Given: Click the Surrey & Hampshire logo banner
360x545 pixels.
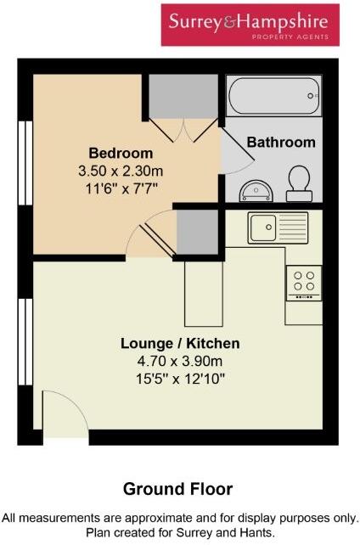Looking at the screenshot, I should (x=250, y=25).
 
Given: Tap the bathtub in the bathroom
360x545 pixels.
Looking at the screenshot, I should (x=273, y=95).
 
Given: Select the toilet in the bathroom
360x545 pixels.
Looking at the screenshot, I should (x=299, y=182).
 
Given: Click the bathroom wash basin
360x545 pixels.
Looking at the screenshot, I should (x=252, y=189).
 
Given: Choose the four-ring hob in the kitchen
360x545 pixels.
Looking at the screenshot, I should (x=303, y=283).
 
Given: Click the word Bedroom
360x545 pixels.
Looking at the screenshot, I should (x=121, y=154).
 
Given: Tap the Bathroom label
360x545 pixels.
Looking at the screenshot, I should (x=280, y=143).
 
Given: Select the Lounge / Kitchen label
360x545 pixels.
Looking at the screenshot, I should (x=179, y=344).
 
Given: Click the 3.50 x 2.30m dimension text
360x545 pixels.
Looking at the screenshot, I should (x=121, y=171).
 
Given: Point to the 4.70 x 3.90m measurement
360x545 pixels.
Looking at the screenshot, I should (x=179, y=361).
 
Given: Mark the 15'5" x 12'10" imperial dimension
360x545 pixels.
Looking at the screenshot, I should (x=179, y=378).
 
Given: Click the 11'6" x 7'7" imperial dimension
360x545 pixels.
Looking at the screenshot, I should (x=121, y=188).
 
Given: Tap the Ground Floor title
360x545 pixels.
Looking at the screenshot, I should (x=177, y=489).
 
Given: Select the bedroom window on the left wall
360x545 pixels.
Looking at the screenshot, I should (x=25, y=158).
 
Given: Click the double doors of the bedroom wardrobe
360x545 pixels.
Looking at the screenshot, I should (x=183, y=128).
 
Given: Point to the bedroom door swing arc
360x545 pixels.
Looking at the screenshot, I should (x=146, y=237).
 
